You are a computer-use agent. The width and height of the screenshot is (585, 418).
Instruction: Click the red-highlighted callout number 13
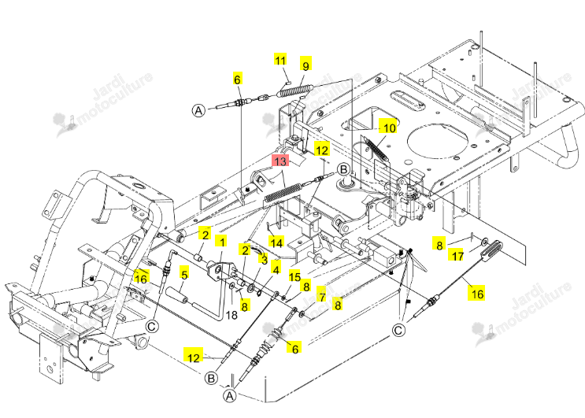(280, 161)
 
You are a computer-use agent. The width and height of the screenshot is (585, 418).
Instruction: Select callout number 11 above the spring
(280, 60)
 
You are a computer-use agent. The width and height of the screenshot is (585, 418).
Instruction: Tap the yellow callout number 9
(305, 65)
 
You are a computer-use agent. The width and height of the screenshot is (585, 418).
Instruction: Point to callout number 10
(390, 128)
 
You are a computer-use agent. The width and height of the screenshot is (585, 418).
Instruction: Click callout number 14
(276, 243)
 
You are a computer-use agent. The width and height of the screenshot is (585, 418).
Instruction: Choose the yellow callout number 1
(222, 242)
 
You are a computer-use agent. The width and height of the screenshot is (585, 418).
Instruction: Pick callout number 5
(184, 275)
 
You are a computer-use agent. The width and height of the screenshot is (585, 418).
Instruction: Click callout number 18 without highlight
(231, 316)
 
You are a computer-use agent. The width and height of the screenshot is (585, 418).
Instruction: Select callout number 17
(457, 256)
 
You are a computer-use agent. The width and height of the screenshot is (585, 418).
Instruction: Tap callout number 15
(294, 276)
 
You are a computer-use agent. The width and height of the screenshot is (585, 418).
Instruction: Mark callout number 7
(321, 297)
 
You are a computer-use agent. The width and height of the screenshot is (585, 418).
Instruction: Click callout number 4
(276, 269)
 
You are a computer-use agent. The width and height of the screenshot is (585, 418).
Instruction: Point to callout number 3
(264, 260)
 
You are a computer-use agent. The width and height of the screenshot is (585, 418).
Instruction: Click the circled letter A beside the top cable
(199, 110)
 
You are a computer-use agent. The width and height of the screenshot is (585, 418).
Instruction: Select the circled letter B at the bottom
(211, 378)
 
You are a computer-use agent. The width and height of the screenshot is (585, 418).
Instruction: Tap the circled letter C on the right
(399, 331)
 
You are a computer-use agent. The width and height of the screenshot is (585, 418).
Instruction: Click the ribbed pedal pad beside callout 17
(491, 249)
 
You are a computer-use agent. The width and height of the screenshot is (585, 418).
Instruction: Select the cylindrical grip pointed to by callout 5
(176, 294)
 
